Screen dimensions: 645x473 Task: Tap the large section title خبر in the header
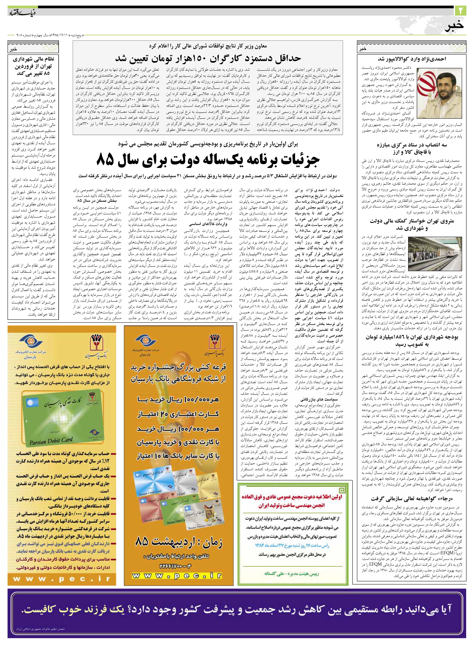454,26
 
